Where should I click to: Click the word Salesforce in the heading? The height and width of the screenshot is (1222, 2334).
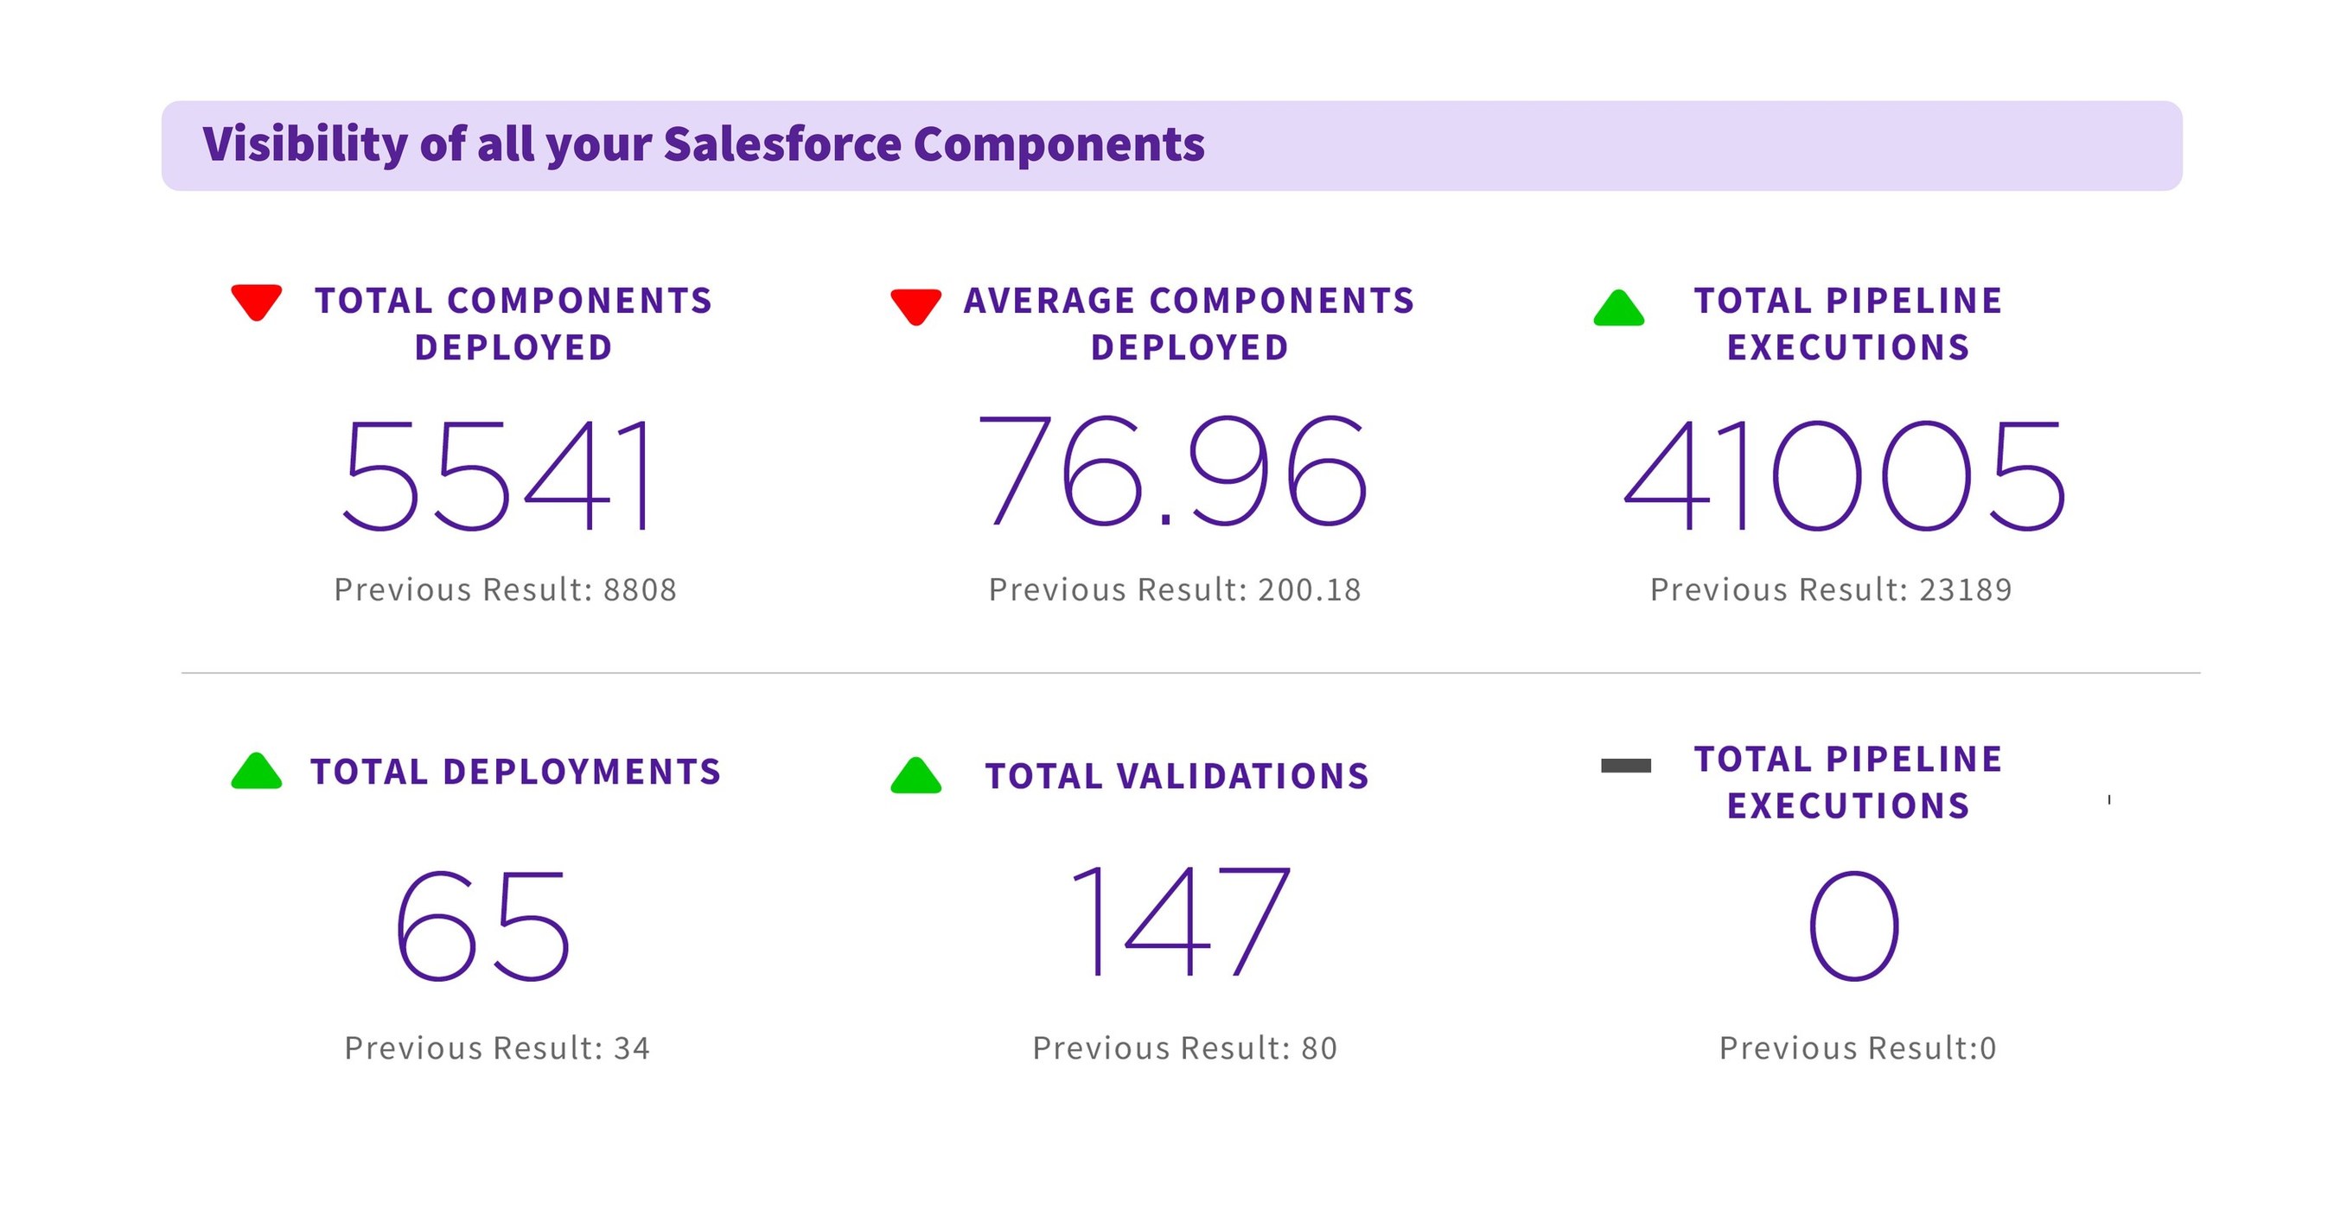(782, 145)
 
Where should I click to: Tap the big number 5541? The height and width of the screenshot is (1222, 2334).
(496, 474)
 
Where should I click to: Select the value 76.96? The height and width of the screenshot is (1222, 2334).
(1171, 470)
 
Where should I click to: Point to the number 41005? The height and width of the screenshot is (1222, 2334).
(1845, 474)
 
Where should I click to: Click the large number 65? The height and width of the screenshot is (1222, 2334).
(482, 925)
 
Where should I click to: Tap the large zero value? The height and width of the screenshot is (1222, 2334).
(1853, 925)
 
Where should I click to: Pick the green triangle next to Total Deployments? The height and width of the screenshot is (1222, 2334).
(257, 772)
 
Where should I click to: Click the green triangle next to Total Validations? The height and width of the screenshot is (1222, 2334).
(915, 776)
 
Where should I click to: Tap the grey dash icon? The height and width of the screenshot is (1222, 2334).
(1625, 766)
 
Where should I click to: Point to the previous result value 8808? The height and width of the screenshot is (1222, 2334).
(640, 589)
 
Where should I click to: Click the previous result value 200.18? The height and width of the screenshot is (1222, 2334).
(1310, 589)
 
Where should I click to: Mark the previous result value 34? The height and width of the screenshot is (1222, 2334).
(632, 1048)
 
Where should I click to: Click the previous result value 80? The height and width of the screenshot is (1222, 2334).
(1319, 1048)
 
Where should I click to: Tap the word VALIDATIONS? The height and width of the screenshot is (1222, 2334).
(1242, 776)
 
